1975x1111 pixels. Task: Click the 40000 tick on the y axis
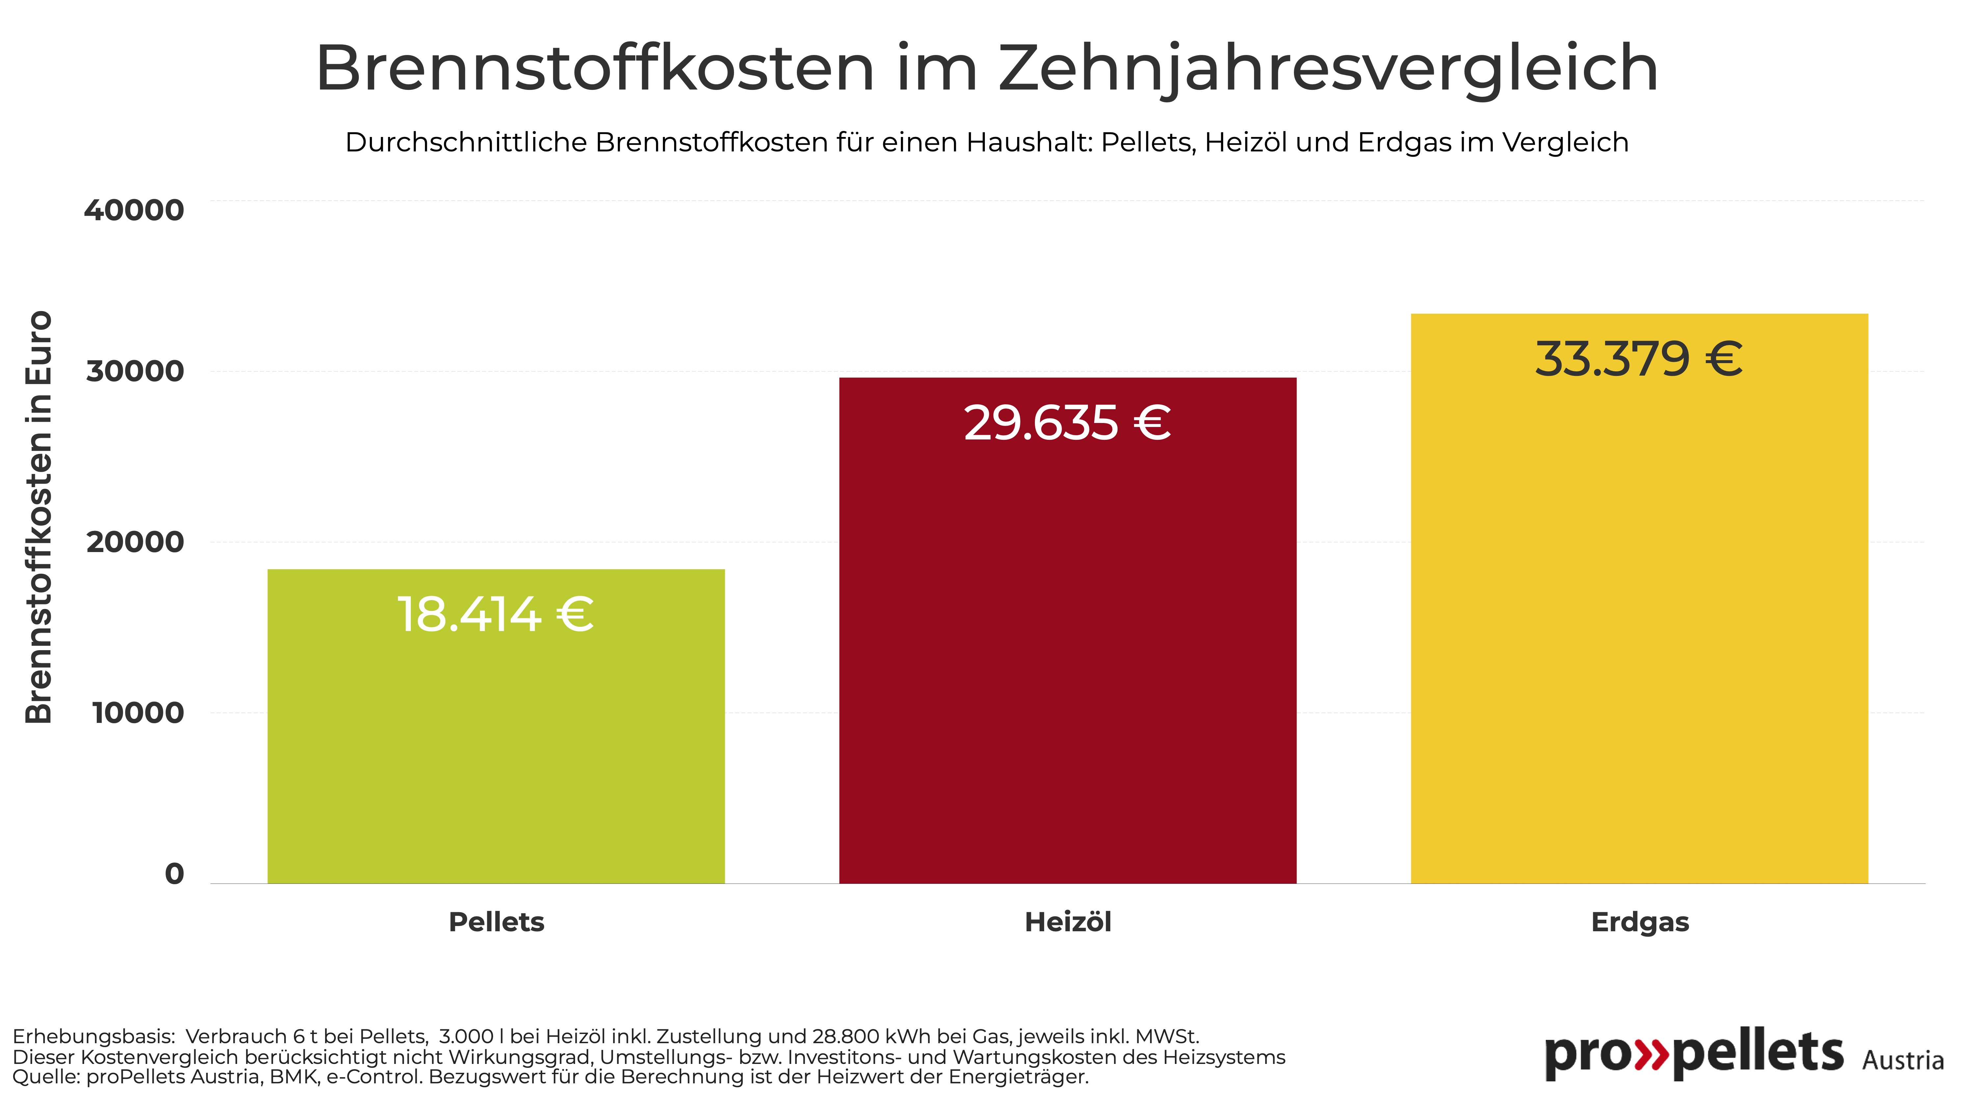coord(134,210)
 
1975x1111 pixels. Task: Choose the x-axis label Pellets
coord(496,922)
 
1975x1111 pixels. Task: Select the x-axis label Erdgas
coord(1640,922)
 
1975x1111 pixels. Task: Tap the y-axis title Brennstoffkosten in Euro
coord(38,517)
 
